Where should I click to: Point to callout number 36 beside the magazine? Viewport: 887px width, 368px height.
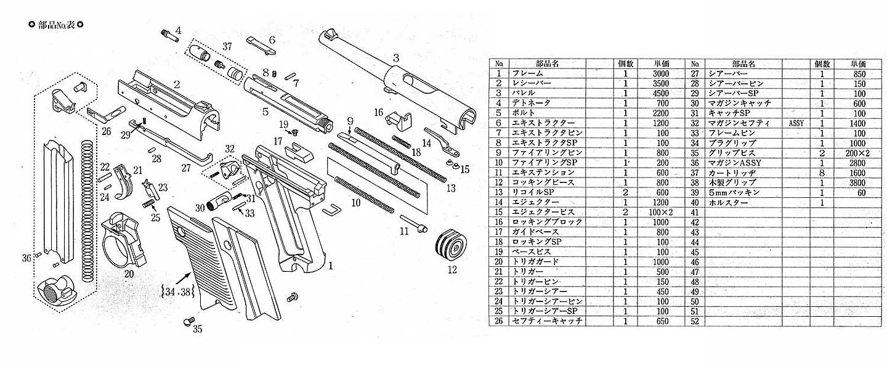point(26,258)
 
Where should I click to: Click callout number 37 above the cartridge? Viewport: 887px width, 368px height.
point(227,47)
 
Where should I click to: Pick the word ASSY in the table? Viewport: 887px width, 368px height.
point(796,123)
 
